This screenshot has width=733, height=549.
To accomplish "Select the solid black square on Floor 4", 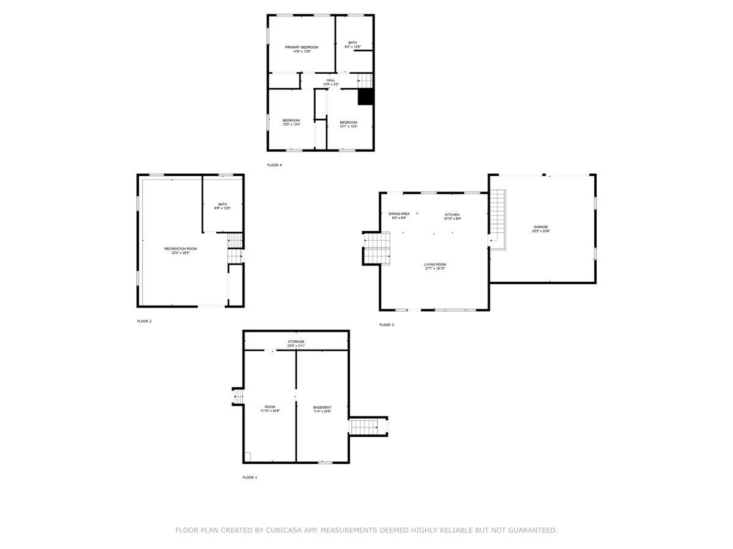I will click(365, 97).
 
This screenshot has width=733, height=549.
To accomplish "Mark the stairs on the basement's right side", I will click(368, 426).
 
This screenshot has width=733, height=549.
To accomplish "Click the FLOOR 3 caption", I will click(387, 325).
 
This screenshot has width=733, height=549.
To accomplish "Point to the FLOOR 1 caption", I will click(250, 478).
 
